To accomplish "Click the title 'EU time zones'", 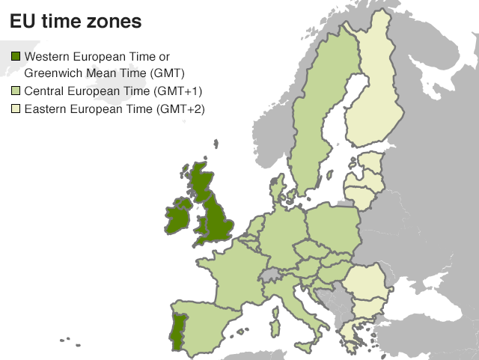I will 76,22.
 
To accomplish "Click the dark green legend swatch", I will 16,57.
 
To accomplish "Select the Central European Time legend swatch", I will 16,91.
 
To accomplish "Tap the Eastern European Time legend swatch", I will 16,110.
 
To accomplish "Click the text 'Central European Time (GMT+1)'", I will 115,91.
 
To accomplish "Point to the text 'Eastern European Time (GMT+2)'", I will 115,110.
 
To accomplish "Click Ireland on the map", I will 179,216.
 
